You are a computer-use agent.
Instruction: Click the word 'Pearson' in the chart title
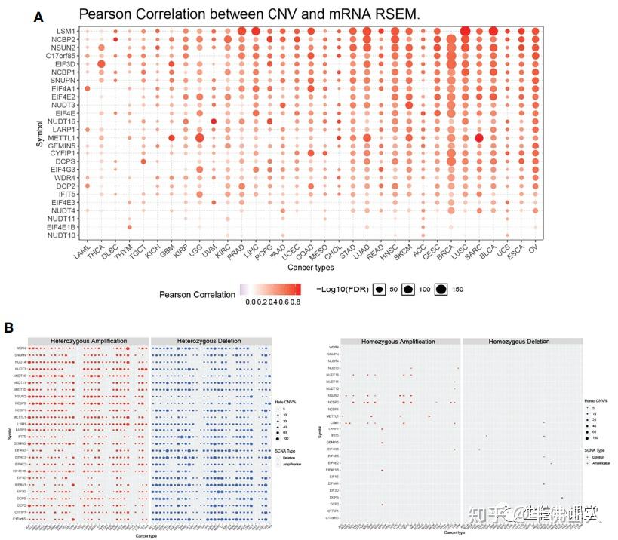click(x=106, y=14)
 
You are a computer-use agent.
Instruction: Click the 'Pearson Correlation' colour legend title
click(x=197, y=294)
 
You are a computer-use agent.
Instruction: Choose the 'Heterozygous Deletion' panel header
click(x=210, y=341)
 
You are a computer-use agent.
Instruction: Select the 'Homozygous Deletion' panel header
click(x=520, y=341)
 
